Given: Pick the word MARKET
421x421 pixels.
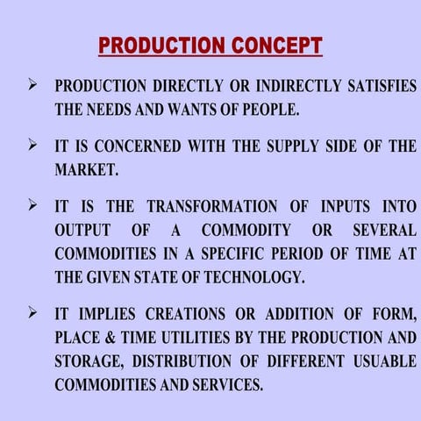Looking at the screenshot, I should click(x=86, y=169).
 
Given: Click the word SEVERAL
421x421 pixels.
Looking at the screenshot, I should click(x=384, y=231).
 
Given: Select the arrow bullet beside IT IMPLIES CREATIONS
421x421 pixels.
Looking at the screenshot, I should click(x=32, y=313).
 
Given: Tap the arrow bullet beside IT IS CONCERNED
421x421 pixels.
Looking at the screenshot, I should click(x=32, y=145).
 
